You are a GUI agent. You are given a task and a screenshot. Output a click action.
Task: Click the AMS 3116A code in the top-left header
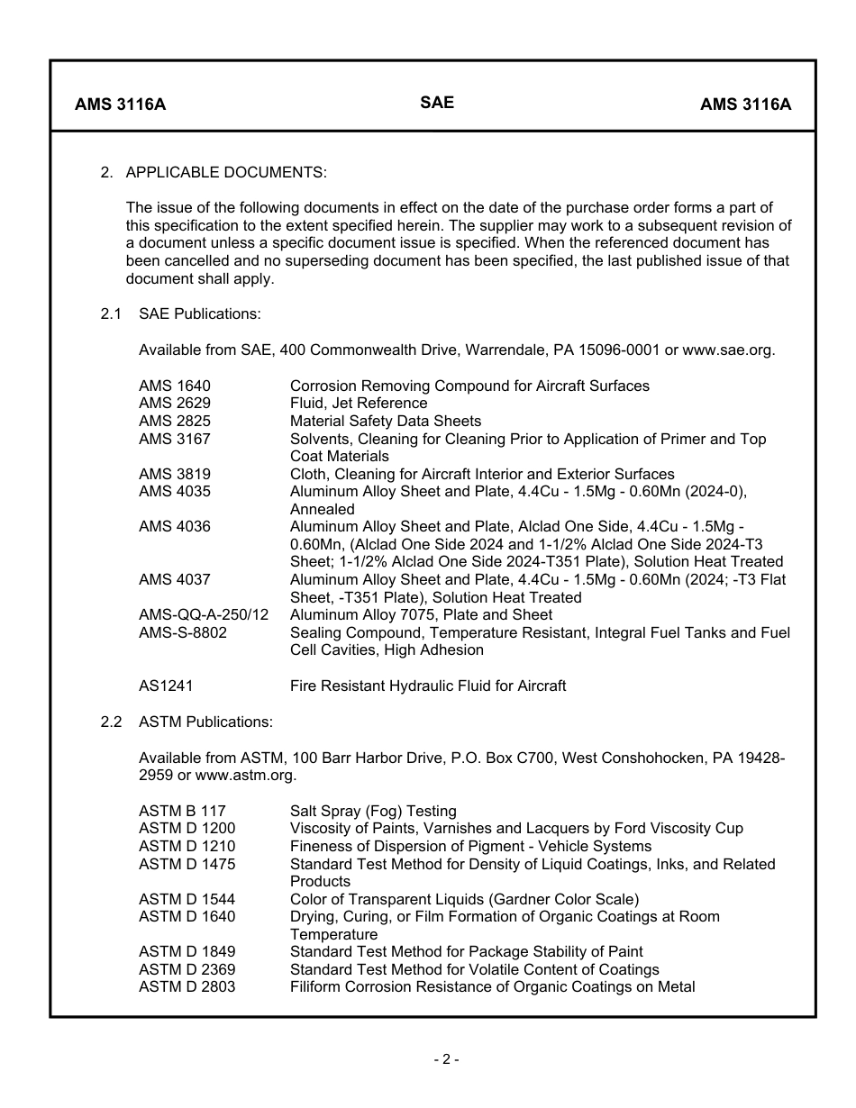click(x=120, y=104)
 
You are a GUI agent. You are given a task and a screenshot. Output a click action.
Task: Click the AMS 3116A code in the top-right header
click(x=745, y=104)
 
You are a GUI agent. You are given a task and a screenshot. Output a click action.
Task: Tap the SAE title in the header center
click(x=437, y=103)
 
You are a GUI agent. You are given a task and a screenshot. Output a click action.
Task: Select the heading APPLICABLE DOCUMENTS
click(x=226, y=172)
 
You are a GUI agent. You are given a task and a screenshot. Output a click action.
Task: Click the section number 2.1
click(x=111, y=314)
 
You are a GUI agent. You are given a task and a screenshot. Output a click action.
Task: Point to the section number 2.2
click(x=111, y=722)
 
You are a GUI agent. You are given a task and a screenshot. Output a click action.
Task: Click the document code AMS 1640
click(x=175, y=386)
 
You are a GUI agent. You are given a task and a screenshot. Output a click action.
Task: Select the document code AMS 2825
click(x=175, y=422)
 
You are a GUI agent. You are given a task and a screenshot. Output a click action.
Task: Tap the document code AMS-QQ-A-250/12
click(x=204, y=615)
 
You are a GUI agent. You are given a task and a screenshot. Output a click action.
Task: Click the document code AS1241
click(x=166, y=686)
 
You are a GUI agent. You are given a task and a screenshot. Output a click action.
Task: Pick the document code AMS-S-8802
click(x=183, y=633)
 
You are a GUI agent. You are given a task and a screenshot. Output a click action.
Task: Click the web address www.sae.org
click(x=728, y=350)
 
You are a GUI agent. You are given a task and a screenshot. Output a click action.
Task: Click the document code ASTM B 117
click(x=182, y=812)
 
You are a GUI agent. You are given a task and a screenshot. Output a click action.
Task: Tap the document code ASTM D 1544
click(x=187, y=900)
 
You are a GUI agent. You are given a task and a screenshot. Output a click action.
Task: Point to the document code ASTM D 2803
click(x=187, y=987)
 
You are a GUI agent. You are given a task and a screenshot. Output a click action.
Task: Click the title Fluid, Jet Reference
click(x=359, y=404)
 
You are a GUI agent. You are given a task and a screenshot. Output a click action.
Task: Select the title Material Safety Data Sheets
click(x=386, y=422)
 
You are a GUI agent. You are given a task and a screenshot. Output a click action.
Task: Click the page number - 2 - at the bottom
click(x=445, y=1060)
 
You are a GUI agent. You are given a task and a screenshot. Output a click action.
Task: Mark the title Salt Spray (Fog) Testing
click(x=373, y=812)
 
